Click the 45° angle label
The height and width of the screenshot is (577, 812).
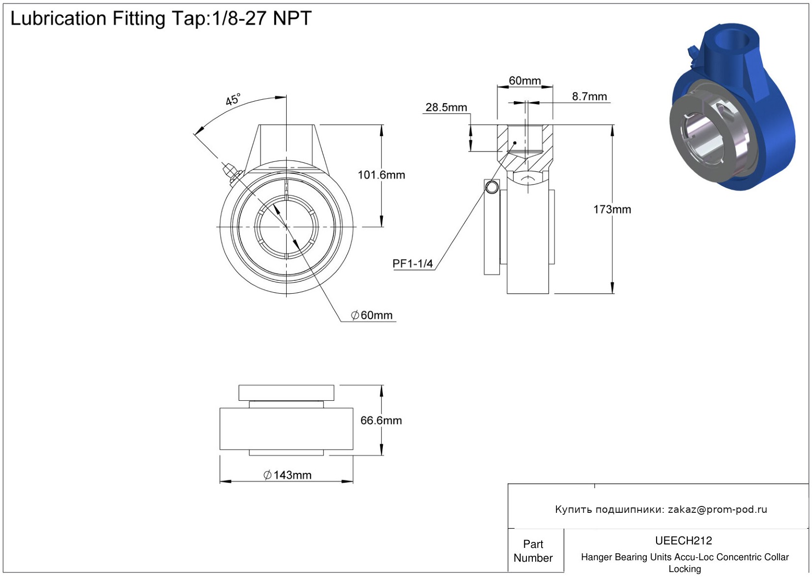click(x=233, y=100)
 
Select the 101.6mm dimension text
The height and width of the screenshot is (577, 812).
click(x=381, y=175)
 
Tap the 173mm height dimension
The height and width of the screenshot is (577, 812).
click(x=612, y=210)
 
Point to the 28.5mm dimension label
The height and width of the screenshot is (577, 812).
click(x=446, y=108)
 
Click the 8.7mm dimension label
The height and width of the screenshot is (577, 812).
click(x=590, y=97)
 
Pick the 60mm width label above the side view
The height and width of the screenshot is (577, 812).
click(x=525, y=80)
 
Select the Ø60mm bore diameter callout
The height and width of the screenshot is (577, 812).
click(x=372, y=315)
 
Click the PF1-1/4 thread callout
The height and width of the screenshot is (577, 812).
click(x=412, y=264)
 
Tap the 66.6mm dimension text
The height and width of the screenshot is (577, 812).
click(x=381, y=421)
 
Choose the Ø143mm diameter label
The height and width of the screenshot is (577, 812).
click(x=288, y=475)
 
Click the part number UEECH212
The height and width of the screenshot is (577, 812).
click(x=684, y=541)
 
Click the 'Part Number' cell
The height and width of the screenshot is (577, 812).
click(x=533, y=551)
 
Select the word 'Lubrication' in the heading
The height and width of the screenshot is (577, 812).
click(x=58, y=19)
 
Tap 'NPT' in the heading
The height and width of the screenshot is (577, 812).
click(x=292, y=19)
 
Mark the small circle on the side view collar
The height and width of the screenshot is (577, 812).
click(x=492, y=188)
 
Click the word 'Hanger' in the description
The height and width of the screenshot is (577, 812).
click(x=597, y=557)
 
